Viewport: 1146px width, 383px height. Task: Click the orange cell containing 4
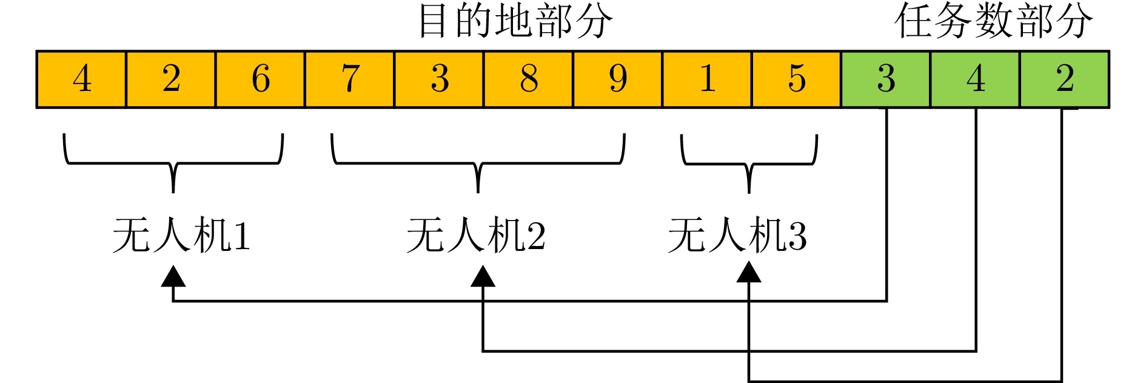tap(81, 79)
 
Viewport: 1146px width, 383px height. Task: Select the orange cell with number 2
tap(170, 79)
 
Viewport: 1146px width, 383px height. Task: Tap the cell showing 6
tap(260, 79)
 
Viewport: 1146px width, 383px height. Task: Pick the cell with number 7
tap(349, 79)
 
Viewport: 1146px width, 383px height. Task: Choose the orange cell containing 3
tap(439, 79)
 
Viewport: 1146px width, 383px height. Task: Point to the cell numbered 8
tap(528, 79)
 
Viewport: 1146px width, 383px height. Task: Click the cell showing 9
tap(617, 79)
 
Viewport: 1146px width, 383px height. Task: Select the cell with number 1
tap(707, 79)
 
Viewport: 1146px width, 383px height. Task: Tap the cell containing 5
tap(796, 79)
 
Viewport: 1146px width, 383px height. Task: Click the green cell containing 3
tap(885, 79)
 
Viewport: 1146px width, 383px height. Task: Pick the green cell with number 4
tap(975, 79)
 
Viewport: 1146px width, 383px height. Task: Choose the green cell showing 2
tap(1065, 79)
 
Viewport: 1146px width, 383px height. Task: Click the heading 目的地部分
tap(515, 22)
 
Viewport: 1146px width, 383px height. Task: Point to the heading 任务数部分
tap(993, 22)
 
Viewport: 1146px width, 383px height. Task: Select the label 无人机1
tap(181, 235)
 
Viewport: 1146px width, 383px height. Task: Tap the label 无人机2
tap(476, 235)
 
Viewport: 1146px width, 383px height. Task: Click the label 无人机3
tap(737, 235)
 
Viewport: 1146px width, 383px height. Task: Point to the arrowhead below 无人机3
tap(749, 273)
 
